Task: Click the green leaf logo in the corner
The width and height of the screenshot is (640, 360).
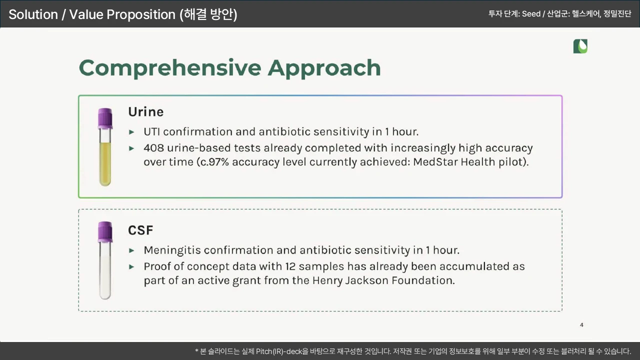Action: click(580, 46)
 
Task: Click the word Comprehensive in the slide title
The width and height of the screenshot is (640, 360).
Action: click(170, 68)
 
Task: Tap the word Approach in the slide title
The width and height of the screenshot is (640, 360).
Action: click(324, 68)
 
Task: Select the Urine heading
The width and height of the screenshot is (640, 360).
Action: click(145, 111)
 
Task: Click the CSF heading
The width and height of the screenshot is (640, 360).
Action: click(140, 230)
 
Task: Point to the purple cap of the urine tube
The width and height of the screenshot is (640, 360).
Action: click(105, 118)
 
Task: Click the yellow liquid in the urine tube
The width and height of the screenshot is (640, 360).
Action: click(105, 163)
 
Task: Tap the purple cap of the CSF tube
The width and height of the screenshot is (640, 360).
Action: click(105, 231)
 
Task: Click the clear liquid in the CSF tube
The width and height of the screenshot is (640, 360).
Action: click(105, 274)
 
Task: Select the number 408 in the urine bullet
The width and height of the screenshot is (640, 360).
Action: click(153, 148)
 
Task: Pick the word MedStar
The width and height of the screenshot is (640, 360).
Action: click(435, 162)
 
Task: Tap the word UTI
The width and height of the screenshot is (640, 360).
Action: click(151, 131)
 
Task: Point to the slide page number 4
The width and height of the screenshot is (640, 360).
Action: click(581, 325)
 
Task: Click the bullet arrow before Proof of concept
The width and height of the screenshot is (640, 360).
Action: click(131, 267)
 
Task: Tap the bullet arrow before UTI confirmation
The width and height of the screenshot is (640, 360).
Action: click(131, 132)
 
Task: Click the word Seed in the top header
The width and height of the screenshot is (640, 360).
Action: click(531, 13)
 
